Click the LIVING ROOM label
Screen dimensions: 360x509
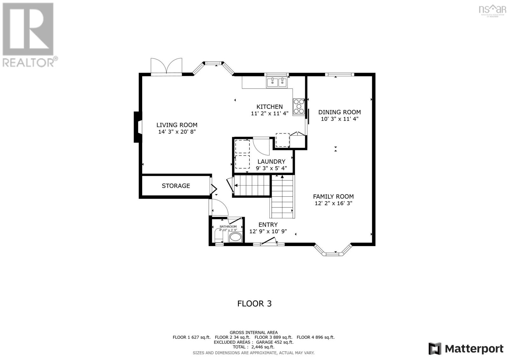177,125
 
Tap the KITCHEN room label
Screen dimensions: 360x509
269,107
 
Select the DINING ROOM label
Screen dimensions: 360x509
339,112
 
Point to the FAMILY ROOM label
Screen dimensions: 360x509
333,196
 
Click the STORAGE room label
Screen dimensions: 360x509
176,186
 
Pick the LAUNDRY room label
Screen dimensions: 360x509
271,161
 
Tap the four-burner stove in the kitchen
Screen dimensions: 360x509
299,106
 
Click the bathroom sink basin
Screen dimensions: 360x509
235,237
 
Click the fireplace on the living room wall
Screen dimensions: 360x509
137,127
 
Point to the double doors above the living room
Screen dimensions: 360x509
166,66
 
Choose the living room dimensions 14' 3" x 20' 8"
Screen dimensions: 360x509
177,132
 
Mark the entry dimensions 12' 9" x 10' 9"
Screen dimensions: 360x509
268,231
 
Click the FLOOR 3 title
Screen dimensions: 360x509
254,303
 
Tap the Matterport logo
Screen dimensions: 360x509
466,349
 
